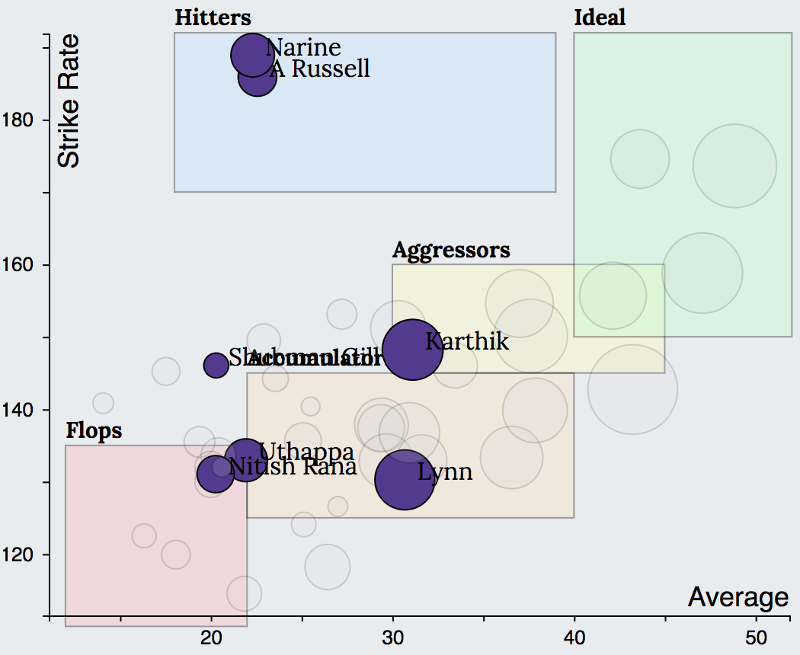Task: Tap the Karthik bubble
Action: (412, 350)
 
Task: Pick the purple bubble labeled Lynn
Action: (405, 480)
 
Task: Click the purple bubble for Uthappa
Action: (245, 460)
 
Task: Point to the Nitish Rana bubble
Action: (214, 474)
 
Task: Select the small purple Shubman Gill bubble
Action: (216, 364)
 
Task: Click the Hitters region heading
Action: (213, 18)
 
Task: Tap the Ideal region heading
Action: (600, 18)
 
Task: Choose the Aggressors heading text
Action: (451, 250)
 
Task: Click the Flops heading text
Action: (94, 431)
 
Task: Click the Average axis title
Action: (738, 598)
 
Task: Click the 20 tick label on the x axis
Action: (212, 637)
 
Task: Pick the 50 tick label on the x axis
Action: (756, 637)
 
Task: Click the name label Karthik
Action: (466, 341)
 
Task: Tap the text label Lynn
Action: (445, 472)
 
